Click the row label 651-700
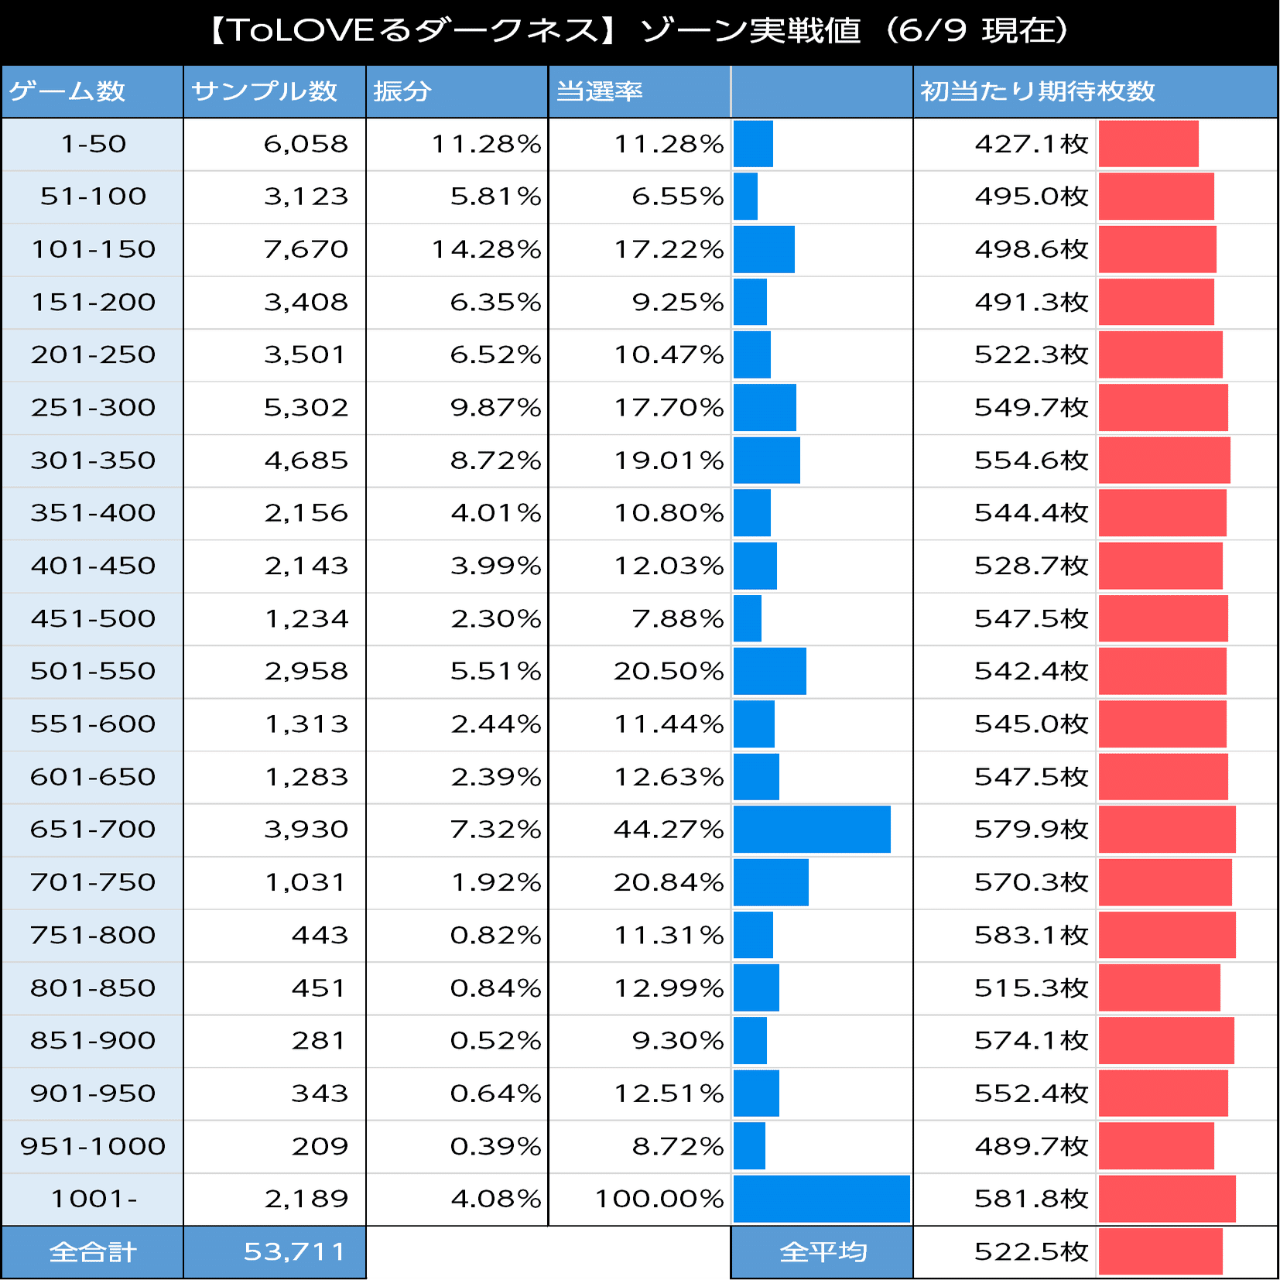[x=93, y=830]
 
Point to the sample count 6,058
[x=306, y=144]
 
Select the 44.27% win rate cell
[x=668, y=830]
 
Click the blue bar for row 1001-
[x=821, y=1199]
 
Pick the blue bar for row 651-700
[x=812, y=830]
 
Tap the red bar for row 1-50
[x=1148, y=144]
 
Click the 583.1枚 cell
[x=1031, y=935]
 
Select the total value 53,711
[x=294, y=1251]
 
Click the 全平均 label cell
[x=823, y=1251]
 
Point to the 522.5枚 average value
[x=1031, y=1251]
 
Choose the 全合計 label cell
[x=93, y=1251]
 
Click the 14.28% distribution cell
[x=485, y=249]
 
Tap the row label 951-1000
[x=93, y=1146]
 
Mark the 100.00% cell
[x=659, y=1199]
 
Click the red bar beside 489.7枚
[x=1156, y=1146]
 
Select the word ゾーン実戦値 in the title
[x=751, y=31]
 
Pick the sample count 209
[x=319, y=1146]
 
